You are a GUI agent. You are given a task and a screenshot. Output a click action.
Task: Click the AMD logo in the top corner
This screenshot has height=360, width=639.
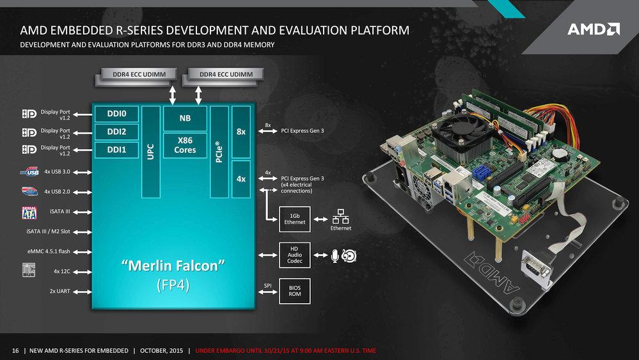tap(594, 29)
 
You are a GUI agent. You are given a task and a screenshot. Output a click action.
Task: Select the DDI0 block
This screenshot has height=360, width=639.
tap(116, 114)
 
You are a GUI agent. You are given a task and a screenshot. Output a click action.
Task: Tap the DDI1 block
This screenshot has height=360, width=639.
tap(116, 150)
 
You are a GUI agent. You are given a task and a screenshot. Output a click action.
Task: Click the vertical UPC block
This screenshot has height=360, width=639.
tap(151, 152)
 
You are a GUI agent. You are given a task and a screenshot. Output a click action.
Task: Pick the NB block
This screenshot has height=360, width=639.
tap(185, 118)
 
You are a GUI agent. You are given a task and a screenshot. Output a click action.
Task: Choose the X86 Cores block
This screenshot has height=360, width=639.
tap(185, 145)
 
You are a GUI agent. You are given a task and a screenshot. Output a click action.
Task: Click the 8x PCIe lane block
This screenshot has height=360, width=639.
tap(241, 132)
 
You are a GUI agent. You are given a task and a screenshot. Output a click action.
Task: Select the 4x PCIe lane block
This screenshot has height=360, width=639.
tap(241, 179)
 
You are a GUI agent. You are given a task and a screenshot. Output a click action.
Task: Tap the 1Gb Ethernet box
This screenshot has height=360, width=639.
tap(295, 219)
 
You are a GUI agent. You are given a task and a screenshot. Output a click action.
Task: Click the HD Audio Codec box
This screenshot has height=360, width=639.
tap(295, 255)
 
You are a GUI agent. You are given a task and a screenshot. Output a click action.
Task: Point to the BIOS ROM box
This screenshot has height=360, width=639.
tap(295, 291)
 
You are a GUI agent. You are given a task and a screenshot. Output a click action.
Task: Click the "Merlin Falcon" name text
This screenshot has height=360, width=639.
tap(173, 266)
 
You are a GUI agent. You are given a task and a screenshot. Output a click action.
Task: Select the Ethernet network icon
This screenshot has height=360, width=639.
tap(340, 217)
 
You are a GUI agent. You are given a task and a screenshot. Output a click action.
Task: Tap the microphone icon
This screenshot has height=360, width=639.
tap(335, 256)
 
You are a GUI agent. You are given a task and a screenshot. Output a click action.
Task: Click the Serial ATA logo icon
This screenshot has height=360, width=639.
tap(29, 212)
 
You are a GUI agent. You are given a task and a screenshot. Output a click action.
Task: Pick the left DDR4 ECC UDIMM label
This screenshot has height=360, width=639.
tap(139, 74)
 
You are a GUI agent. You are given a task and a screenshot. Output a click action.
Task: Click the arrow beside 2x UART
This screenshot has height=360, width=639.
tap(83, 292)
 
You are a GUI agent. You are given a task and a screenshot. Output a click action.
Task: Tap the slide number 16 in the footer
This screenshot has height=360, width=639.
tap(15, 350)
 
